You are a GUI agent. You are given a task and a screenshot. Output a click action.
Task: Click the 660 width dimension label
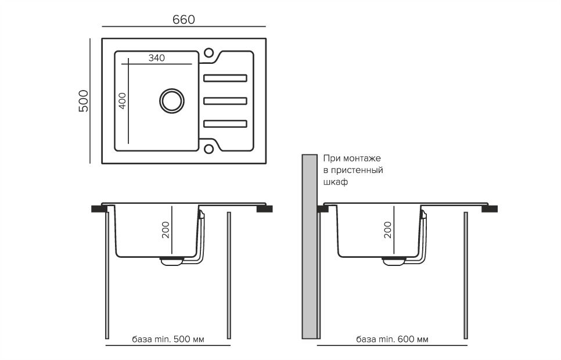184,19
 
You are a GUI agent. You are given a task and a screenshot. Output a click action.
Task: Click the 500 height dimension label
84,101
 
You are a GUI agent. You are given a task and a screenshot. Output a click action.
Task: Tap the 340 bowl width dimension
157,58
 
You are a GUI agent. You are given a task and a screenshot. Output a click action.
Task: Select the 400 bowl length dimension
123,101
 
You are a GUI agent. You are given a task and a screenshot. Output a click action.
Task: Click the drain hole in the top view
172,100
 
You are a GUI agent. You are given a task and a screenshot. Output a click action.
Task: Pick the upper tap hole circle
208,53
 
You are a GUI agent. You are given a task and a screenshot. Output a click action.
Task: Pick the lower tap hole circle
208,149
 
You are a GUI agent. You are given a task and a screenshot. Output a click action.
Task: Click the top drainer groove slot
225,78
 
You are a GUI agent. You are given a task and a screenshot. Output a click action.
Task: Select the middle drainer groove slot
225,101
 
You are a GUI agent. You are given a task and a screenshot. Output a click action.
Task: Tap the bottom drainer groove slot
225,124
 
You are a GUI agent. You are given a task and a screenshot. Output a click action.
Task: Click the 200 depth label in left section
166,230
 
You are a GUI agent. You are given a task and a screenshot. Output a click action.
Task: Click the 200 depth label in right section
388,230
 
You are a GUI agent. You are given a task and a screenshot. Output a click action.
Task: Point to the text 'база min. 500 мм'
168,339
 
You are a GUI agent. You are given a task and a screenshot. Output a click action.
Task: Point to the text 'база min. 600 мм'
392,339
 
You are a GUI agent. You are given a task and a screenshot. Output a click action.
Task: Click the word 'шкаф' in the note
336,182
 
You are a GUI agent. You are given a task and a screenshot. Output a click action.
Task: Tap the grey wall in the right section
310,247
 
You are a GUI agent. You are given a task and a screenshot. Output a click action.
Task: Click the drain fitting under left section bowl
172,261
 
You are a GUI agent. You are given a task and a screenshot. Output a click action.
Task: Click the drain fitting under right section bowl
394,261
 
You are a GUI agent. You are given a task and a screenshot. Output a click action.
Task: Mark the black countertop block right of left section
265,209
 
